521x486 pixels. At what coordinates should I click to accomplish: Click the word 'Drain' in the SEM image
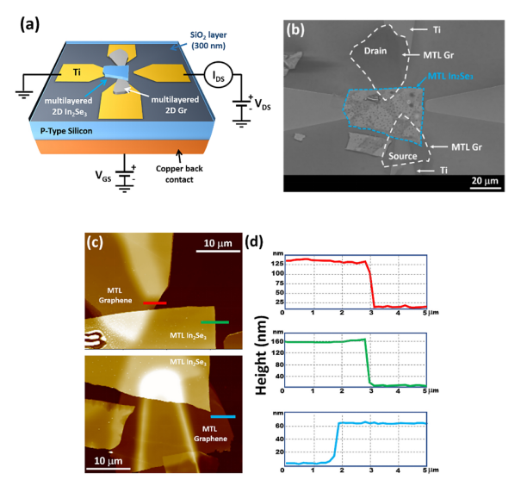pos(374,51)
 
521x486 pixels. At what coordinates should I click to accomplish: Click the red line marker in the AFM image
pos(155,303)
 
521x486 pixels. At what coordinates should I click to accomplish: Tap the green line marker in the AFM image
pos(215,322)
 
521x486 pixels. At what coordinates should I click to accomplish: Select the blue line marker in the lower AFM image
pos(224,415)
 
